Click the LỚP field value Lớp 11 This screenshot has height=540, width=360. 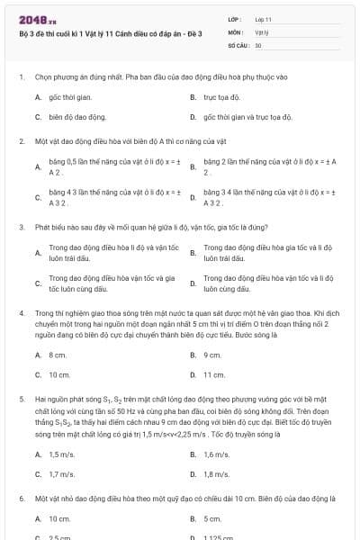(x=263, y=18)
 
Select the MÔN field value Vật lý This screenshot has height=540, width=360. (x=261, y=31)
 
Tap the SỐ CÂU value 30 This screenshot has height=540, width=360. (x=258, y=43)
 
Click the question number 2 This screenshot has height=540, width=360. (x=21, y=141)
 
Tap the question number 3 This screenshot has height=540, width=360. (x=21, y=227)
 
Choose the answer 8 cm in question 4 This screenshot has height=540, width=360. (x=58, y=355)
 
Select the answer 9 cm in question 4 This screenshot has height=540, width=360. (x=212, y=355)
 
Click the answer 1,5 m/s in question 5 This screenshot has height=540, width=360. (x=61, y=454)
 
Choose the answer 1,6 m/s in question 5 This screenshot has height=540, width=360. (x=216, y=454)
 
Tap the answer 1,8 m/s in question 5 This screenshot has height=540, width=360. (x=216, y=473)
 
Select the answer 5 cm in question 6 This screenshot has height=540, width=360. (x=212, y=518)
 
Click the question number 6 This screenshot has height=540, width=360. (x=21, y=498)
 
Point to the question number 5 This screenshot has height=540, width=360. (x=21, y=396)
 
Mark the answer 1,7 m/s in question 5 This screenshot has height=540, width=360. (x=61, y=473)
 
